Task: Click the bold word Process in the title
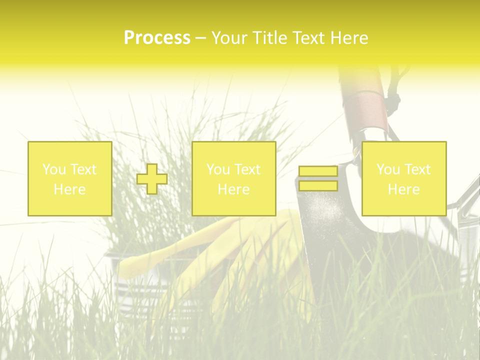(157, 38)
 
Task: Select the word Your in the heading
(227, 38)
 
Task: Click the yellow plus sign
(152, 179)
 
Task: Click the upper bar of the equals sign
(318, 171)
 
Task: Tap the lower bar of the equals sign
(318, 186)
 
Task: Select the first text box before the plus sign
(70, 178)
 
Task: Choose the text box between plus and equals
(233, 178)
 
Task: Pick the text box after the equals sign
(404, 178)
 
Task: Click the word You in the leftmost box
(53, 169)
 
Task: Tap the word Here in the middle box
(233, 189)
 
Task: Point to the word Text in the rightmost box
(417, 169)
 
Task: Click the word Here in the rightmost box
(404, 189)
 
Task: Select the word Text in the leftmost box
(83, 169)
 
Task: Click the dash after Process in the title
(200, 38)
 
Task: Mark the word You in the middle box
(218, 169)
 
